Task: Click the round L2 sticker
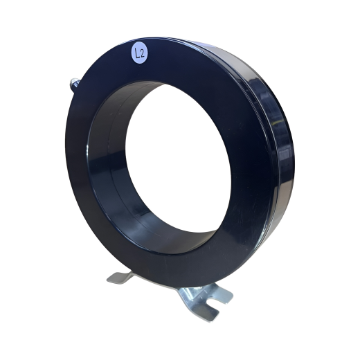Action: [139, 54]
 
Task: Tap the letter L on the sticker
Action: [137, 54]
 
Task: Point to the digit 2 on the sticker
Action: [142, 54]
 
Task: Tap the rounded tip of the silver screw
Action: [72, 81]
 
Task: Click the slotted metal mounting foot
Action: [203, 300]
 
